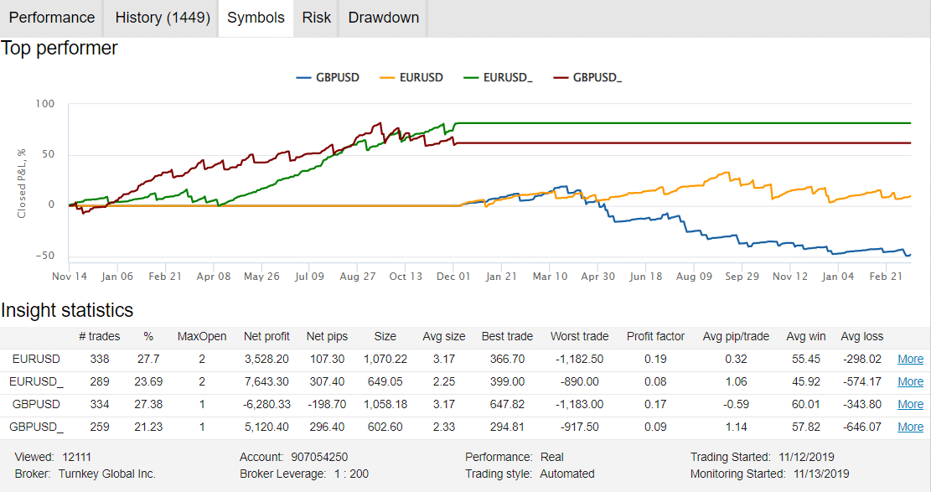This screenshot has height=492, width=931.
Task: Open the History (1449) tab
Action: [163, 18]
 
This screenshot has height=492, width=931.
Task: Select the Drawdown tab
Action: [383, 18]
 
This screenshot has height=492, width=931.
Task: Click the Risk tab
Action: [317, 18]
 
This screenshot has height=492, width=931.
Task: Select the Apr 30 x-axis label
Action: [597, 276]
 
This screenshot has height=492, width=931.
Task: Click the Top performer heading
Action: [59, 48]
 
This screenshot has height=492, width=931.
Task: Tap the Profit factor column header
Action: [655, 336]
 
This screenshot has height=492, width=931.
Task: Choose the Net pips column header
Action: [328, 336]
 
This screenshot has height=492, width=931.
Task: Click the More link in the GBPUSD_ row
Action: [910, 427]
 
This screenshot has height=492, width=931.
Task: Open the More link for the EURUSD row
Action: [910, 359]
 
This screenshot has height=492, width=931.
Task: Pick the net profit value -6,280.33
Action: [266, 404]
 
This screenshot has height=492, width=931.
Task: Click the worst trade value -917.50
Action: [579, 427]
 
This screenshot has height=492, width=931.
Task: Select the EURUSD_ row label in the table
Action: [36, 381]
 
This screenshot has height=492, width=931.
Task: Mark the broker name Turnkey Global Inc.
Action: [107, 474]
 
